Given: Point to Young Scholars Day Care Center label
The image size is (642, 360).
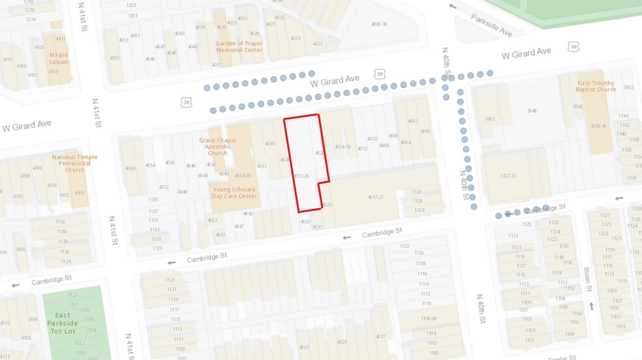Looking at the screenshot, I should coord(234,192).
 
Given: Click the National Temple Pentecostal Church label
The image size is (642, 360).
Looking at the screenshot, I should coord(75,163).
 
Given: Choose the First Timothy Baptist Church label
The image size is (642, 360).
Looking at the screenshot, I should coord(596,86).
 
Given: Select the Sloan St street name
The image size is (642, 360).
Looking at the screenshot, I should coord(587,279).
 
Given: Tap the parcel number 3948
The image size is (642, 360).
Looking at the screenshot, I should coord(532,111).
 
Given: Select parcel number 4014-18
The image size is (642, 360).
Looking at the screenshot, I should coord(343,147).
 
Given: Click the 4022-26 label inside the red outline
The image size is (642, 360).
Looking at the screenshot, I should coord(301,176).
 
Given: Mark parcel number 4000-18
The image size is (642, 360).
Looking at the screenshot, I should coord(379,24).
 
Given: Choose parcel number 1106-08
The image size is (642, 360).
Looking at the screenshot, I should coord(428,318).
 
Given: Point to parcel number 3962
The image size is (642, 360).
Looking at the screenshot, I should coord(490,119).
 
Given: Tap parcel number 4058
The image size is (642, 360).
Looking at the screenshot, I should coord(130,168).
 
